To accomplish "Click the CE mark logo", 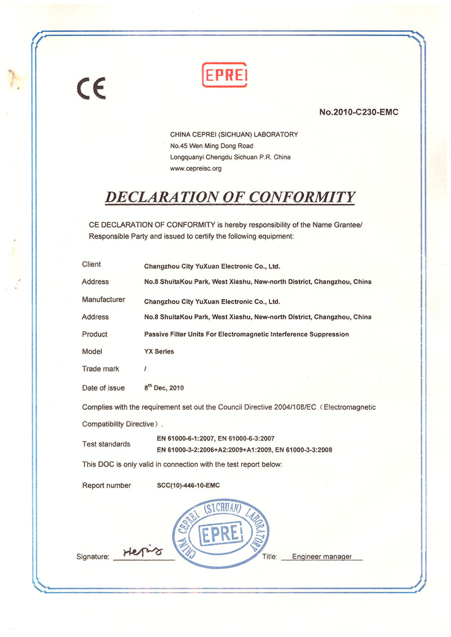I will pos(91,89).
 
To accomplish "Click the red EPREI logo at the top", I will pos(225,75).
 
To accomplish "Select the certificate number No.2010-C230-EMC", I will pos(359,113).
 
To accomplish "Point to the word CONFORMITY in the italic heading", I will pos(302,197).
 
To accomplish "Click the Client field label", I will pos(91,264).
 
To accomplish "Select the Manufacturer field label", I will pos(103,299).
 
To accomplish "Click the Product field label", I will pos(95,334).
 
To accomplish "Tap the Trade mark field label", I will pos(100,369).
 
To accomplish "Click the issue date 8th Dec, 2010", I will pos(164,387).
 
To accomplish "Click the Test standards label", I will pos(106,444).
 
